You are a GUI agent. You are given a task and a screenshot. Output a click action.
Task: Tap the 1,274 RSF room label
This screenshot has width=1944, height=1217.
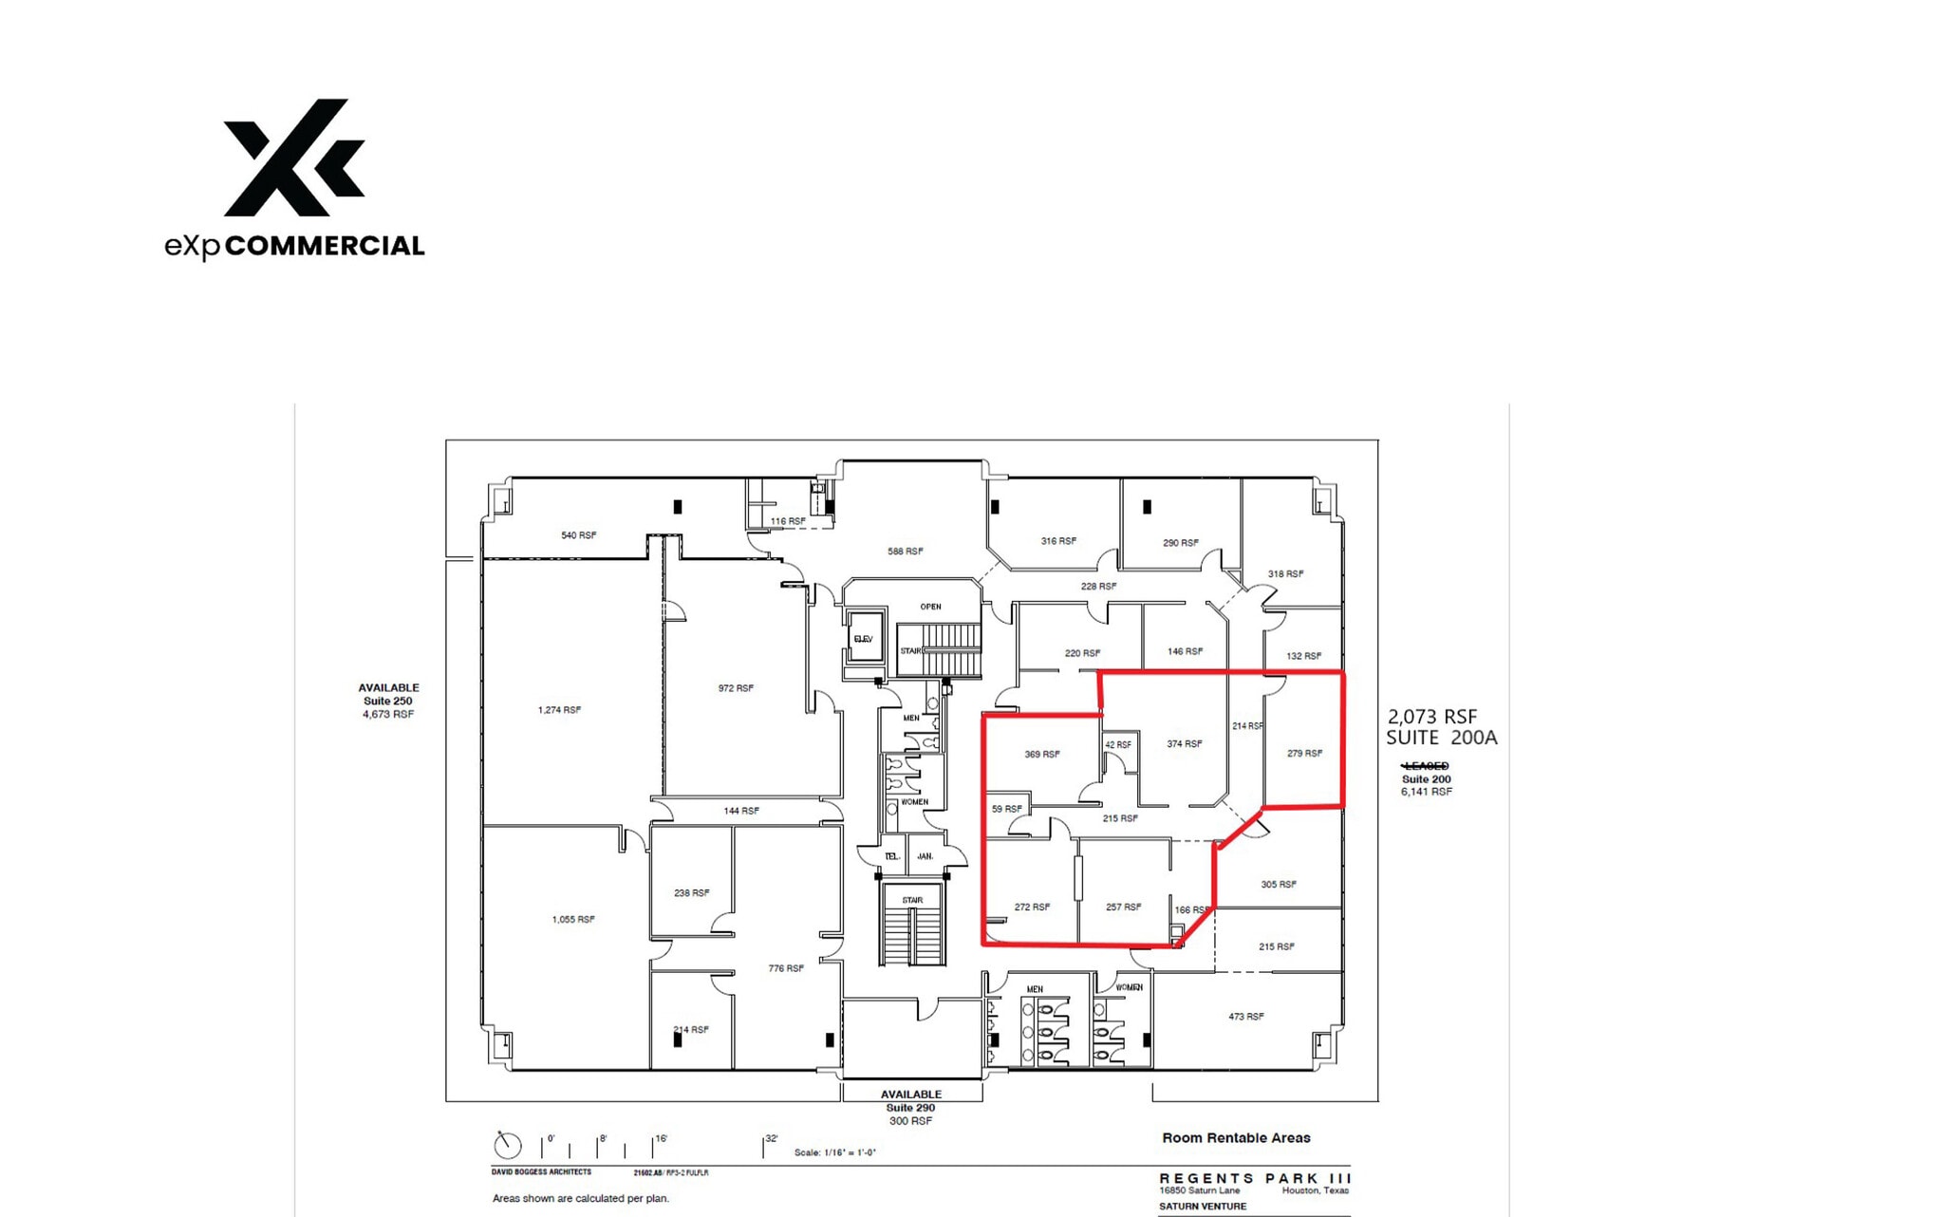(x=559, y=710)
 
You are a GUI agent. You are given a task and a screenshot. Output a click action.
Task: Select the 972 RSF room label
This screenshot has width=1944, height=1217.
(x=736, y=688)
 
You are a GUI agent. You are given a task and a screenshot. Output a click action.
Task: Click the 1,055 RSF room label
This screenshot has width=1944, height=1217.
(x=573, y=919)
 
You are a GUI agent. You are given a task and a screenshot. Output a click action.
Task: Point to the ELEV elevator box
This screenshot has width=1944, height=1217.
(x=864, y=639)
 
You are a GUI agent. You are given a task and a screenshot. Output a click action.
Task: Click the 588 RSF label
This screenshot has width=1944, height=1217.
(x=905, y=552)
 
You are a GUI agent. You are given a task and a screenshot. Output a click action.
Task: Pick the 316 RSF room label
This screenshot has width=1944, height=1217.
(x=1058, y=541)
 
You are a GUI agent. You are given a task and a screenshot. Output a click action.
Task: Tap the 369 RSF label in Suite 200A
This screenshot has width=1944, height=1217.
(x=1042, y=755)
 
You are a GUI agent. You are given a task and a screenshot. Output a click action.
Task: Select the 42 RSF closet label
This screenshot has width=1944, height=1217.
(x=1118, y=745)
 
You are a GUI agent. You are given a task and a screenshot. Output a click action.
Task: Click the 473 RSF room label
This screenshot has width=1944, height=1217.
(x=1246, y=1017)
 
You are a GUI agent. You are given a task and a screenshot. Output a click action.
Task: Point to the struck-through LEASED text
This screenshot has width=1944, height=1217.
(x=1426, y=766)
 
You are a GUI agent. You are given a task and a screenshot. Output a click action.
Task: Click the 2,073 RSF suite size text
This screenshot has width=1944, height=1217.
(x=1432, y=717)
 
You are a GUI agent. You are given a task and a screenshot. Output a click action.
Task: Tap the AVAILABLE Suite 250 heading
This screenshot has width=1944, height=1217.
(x=388, y=687)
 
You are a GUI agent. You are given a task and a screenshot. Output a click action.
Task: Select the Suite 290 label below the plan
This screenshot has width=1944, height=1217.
(x=910, y=1108)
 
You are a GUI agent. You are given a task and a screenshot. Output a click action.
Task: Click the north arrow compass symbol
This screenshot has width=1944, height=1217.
(x=508, y=1145)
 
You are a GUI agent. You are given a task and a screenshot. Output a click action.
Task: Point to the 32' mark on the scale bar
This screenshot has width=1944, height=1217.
(x=771, y=1138)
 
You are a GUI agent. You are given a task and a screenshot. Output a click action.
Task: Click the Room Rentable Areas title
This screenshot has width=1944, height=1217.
(x=1236, y=1137)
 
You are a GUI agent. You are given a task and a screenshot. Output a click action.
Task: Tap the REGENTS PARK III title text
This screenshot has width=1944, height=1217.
(x=1255, y=1178)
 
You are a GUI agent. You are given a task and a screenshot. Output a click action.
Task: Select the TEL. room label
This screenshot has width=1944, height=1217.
(x=891, y=856)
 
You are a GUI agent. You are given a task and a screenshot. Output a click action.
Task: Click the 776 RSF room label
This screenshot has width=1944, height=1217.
(x=786, y=968)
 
